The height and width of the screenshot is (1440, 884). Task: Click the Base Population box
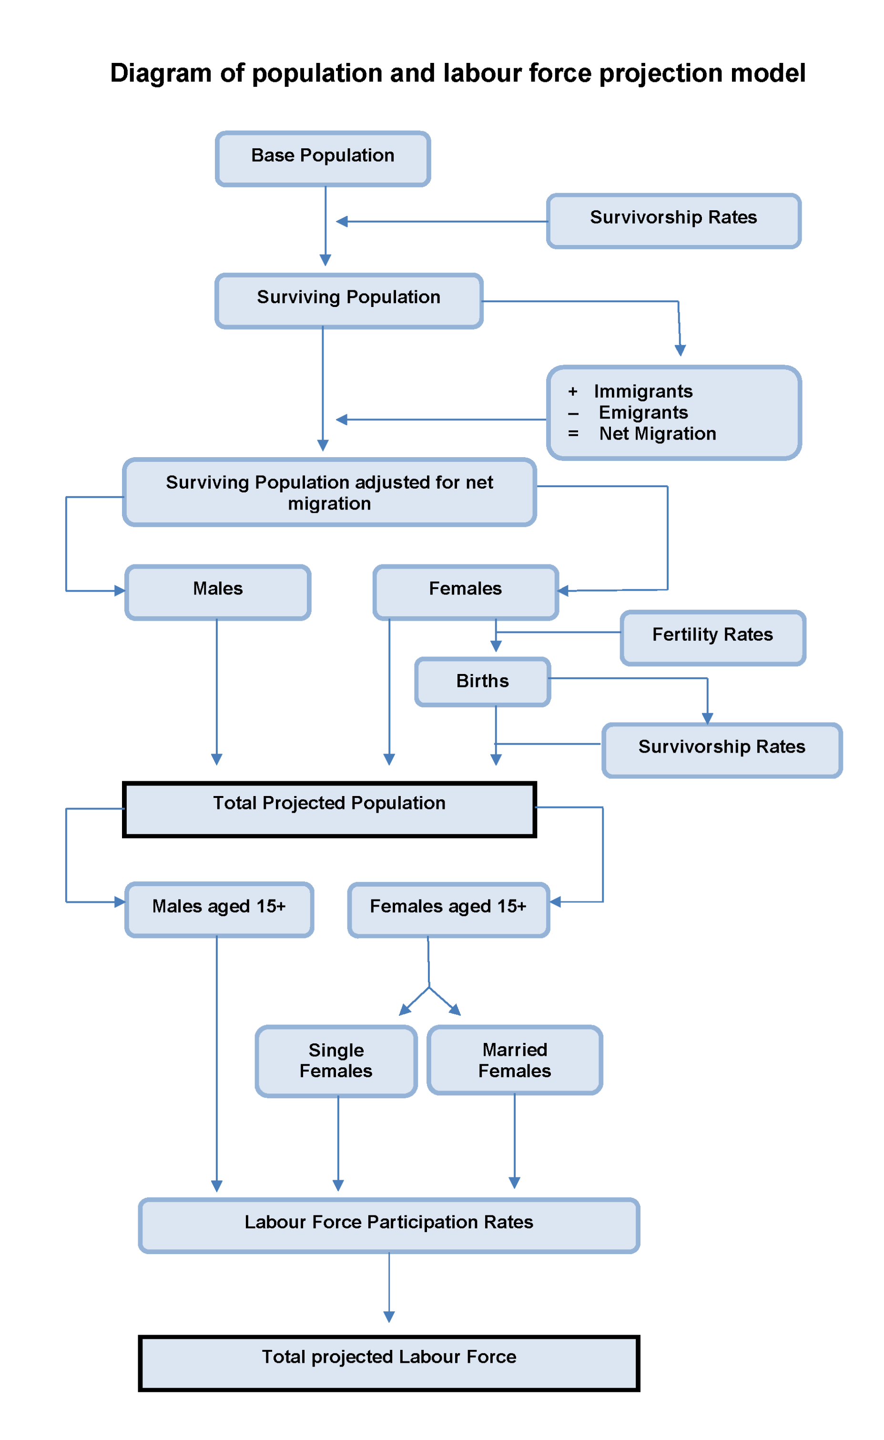[323, 158]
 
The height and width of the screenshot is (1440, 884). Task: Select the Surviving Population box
[348, 300]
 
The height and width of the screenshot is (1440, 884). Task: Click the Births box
[482, 682]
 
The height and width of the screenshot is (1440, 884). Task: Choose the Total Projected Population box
[329, 809]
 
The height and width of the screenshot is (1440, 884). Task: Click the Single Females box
[336, 1061]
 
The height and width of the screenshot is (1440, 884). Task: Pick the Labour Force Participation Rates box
[389, 1226]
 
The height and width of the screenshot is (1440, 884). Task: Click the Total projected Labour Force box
[389, 1363]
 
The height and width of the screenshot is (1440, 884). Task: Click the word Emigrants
[643, 413]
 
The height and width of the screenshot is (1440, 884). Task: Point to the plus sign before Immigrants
[573, 392]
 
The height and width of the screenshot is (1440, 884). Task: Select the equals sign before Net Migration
[573, 434]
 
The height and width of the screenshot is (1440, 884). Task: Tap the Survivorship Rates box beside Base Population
[673, 221]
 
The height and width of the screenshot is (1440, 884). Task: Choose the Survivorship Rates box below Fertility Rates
[721, 750]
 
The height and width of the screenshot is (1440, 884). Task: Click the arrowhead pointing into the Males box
[120, 591]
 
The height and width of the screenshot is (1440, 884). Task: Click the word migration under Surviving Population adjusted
[329, 504]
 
